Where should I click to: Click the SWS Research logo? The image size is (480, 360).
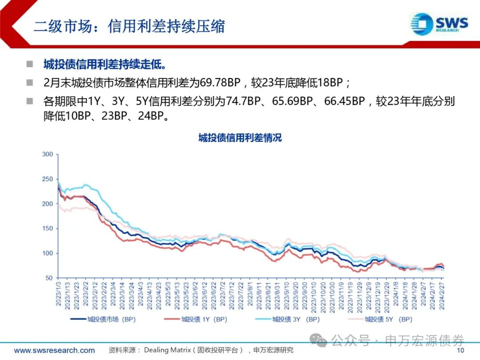pyautogui.click(x=439, y=23)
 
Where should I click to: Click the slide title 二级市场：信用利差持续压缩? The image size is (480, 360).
pyautogui.click(x=129, y=26)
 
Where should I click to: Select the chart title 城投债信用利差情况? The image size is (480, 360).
pyautogui.click(x=240, y=138)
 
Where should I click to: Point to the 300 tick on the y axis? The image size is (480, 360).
pyautogui.click(x=48, y=155)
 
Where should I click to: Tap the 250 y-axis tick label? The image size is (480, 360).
pyautogui.click(x=48, y=179)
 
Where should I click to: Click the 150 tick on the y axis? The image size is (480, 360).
pyautogui.click(x=48, y=228)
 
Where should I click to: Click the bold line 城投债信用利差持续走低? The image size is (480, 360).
pyautogui.click(x=104, y=65)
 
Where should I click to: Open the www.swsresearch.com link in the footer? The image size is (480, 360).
pyautogui.click(x=54, y=350)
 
